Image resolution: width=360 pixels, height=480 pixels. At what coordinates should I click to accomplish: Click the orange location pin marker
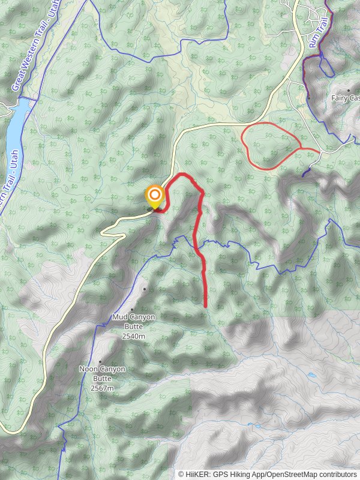[155, 196]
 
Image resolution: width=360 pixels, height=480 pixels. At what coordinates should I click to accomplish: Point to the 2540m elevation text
[133, 337]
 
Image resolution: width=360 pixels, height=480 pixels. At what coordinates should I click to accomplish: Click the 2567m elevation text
[102, 388]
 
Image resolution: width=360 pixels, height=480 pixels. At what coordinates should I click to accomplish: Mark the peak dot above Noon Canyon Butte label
[100, 345]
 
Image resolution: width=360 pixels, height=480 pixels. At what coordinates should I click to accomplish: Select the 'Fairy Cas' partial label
[346, 98]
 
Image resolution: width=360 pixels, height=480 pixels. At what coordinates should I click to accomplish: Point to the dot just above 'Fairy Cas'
[348, 91]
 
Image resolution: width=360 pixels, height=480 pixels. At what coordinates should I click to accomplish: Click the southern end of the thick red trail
[206, 307]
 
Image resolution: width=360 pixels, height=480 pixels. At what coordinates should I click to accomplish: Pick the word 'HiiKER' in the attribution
[198, 475]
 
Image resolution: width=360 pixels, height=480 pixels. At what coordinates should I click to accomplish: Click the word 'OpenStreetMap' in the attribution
[292, 475]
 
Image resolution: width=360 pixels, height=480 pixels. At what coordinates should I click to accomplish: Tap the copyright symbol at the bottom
[181, 475]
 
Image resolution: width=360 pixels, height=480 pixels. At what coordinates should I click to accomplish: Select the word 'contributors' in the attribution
[337, 475]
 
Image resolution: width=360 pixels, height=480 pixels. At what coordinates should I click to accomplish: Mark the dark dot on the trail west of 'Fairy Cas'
[308, 97]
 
